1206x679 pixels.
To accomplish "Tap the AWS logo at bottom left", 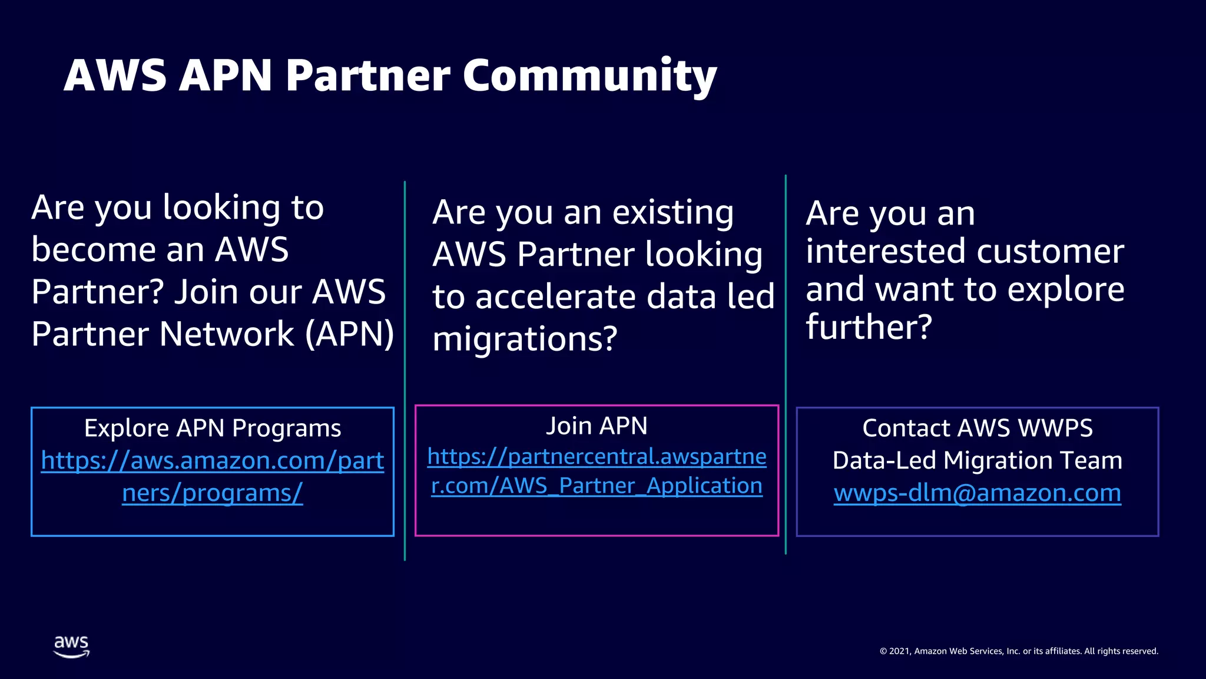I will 71,646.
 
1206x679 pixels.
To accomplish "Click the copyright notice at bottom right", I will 1019,651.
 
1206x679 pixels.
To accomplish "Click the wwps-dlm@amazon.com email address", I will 977,493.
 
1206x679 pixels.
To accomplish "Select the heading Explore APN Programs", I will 212,429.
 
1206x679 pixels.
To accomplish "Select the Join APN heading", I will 597,426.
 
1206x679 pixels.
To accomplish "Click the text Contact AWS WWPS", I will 977,429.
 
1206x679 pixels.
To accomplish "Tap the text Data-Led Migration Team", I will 977,460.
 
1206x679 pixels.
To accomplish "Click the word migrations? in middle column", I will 525,339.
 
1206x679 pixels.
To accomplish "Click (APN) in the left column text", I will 350,334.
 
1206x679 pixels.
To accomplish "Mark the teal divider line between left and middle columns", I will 405,371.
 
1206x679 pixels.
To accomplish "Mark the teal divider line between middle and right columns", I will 786,365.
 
